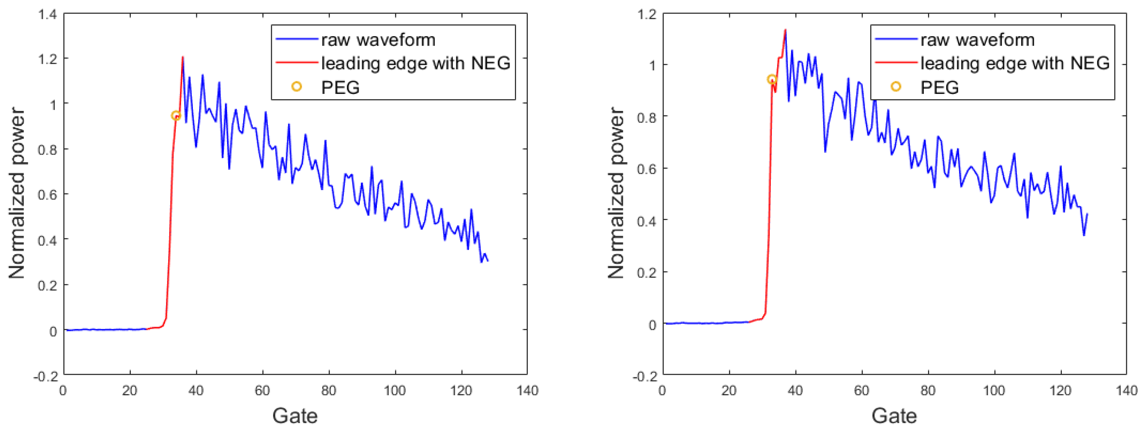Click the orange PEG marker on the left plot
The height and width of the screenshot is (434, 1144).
coord(176,116)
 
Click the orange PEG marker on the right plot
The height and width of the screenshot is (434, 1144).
coord(772,79)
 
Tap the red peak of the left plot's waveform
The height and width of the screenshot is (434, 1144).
coord(183,58)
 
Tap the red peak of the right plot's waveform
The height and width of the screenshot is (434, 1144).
coord(785,30)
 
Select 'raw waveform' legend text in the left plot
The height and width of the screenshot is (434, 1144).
coord(378,40)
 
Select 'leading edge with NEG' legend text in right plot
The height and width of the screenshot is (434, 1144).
coord(1015,63)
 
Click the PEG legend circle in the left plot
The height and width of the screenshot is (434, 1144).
coord(296,87)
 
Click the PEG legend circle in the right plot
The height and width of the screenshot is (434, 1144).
coord(896,87)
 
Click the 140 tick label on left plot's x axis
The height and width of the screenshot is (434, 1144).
coord(527,391)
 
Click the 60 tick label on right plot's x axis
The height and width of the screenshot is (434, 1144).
coord(861,391)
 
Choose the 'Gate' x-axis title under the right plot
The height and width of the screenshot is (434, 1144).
coord(894,416)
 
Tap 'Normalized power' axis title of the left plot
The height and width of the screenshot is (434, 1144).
coord(17,193)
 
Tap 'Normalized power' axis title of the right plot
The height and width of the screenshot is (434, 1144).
coord(616,193)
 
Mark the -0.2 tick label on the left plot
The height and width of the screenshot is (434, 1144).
coord(46,376)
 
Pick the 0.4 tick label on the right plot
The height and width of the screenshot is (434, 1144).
coord(647,220)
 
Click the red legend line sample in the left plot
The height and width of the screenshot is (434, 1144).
coord(297,63)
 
